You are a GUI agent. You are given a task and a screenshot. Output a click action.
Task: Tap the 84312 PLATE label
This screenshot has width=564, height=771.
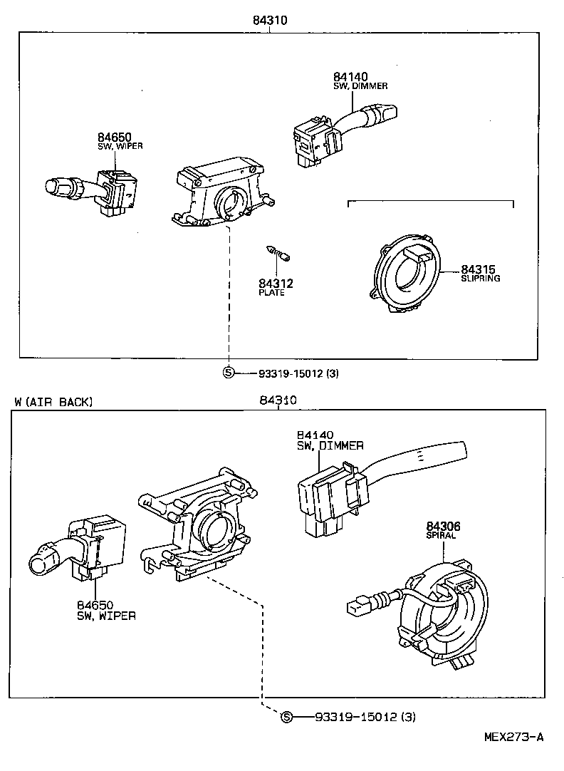(x=276, y=287)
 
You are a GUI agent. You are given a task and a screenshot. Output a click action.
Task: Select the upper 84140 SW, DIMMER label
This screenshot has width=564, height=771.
(x=360, y=81)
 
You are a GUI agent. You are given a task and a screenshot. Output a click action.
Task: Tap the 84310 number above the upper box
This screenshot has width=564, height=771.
(x=269, y=21)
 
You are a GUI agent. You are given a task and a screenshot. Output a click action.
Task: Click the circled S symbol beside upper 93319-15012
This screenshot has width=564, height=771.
(x=229, y=372)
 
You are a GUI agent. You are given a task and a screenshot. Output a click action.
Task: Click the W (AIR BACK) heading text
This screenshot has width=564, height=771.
(x=54, y=402)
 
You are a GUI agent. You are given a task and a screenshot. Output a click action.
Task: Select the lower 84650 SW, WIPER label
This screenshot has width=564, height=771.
(x=106, y=610)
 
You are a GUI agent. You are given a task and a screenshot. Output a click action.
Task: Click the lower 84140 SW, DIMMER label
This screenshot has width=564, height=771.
(x=330, y=440)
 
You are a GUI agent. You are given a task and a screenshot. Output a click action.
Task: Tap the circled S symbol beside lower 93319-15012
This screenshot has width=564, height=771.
(x=286, y=716)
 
